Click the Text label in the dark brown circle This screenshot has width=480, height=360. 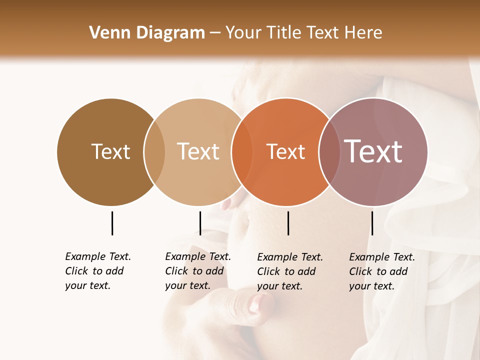110,151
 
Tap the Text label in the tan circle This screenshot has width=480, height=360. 198,151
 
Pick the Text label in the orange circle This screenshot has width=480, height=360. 285,152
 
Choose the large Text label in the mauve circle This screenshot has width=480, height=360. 373,151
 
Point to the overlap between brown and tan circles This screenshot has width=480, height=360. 154,152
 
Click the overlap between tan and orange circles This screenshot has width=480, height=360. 242,152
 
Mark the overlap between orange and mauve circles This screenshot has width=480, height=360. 329,152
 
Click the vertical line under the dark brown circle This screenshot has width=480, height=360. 112,223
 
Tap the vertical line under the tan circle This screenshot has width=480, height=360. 200,223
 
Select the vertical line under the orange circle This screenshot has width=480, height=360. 288,223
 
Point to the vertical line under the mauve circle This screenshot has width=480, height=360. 372,223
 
